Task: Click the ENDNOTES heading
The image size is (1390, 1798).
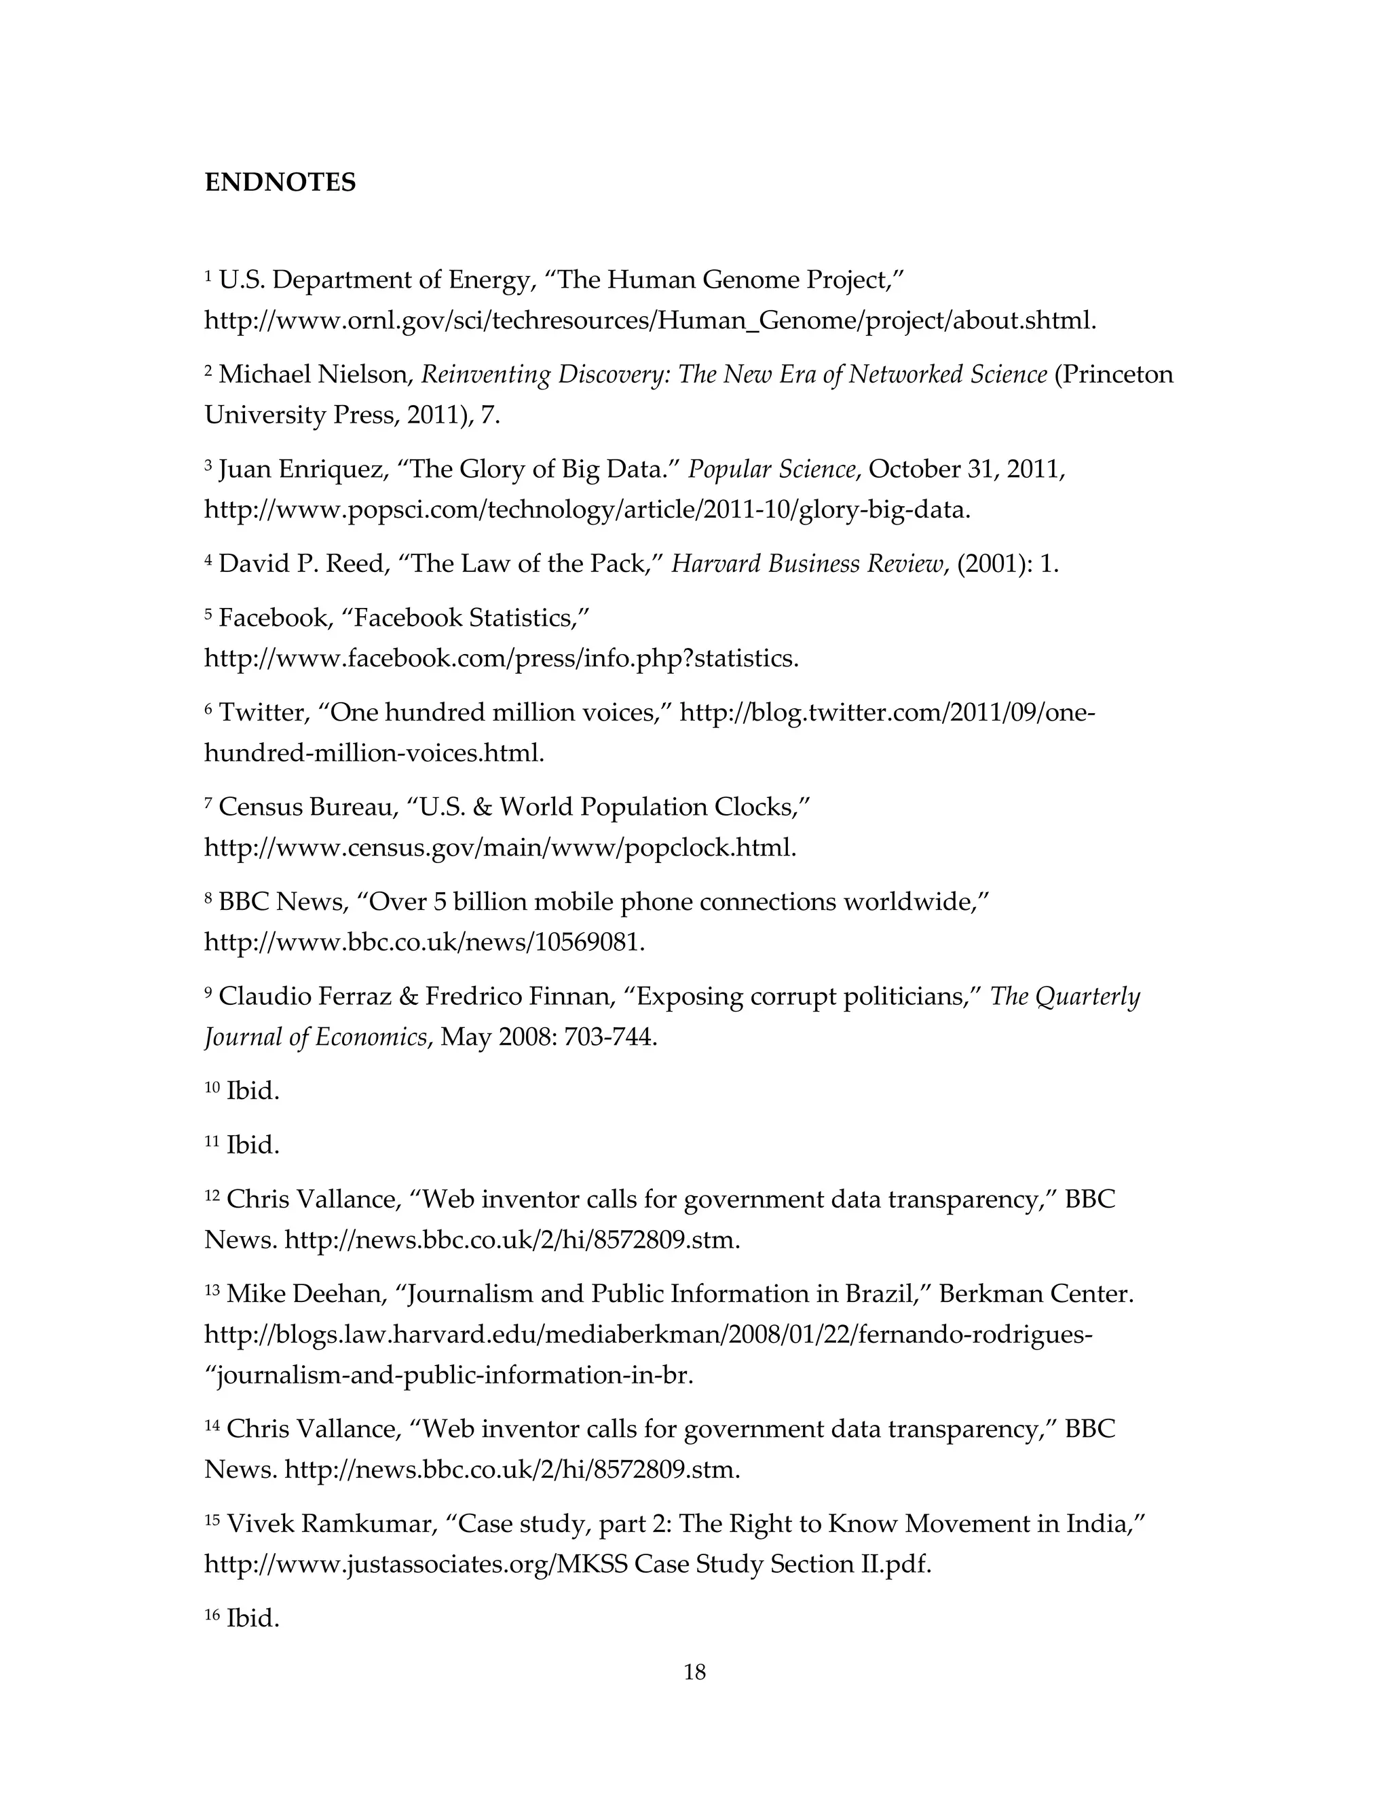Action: [280, 182]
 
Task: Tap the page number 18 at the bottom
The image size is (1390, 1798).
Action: [694, 1672]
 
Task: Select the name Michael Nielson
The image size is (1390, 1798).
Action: [313, 375]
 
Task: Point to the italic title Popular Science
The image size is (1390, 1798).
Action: [772, 470]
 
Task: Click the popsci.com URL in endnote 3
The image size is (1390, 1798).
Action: [587, 510]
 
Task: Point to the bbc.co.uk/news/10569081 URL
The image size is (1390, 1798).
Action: [424, 942]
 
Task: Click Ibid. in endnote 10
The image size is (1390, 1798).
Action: [252, 1091]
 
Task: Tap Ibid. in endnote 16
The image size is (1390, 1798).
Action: [252, 1618]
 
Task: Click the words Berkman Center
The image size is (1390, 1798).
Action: [1035, 1293]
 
